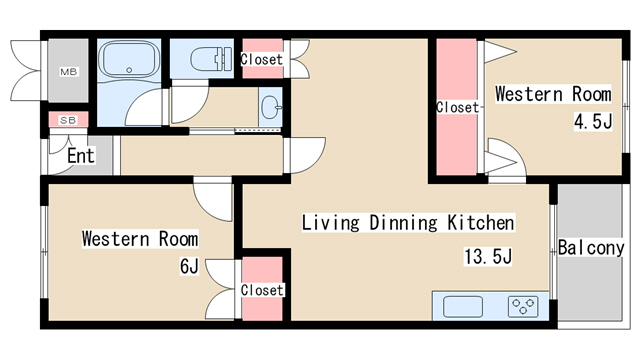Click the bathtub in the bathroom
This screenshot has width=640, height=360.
(x=129, y=60)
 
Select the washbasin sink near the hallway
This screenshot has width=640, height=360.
(x=270, y=107)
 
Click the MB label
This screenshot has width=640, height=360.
(x=69, y=72)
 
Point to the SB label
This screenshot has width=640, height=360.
(x=68, y=120)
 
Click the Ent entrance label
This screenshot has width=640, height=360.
(x=81, y=156)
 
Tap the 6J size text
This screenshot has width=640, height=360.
(x=189, y=267)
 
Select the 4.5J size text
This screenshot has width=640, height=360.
(x=593, y=121)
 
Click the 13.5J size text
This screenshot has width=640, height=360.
(x=488, y=257)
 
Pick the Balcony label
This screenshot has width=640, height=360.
(x=591, y=248)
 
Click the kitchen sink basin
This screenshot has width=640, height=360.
(x=463, y=307)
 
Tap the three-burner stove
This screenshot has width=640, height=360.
(x=523, y=307)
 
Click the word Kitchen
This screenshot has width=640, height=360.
(x=481, y=223)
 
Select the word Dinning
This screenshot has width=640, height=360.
(x=403, y=223)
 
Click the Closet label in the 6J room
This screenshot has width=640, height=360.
(x=262, y=290)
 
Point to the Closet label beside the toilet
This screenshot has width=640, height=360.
(x=262, y=60)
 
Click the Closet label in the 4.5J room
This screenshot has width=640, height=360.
(x=458, y=107)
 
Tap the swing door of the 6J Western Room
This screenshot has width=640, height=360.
(x=213, y=200)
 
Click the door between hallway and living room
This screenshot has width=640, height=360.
(x=304, y=156)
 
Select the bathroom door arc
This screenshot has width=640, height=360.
(x=146, y=107)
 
